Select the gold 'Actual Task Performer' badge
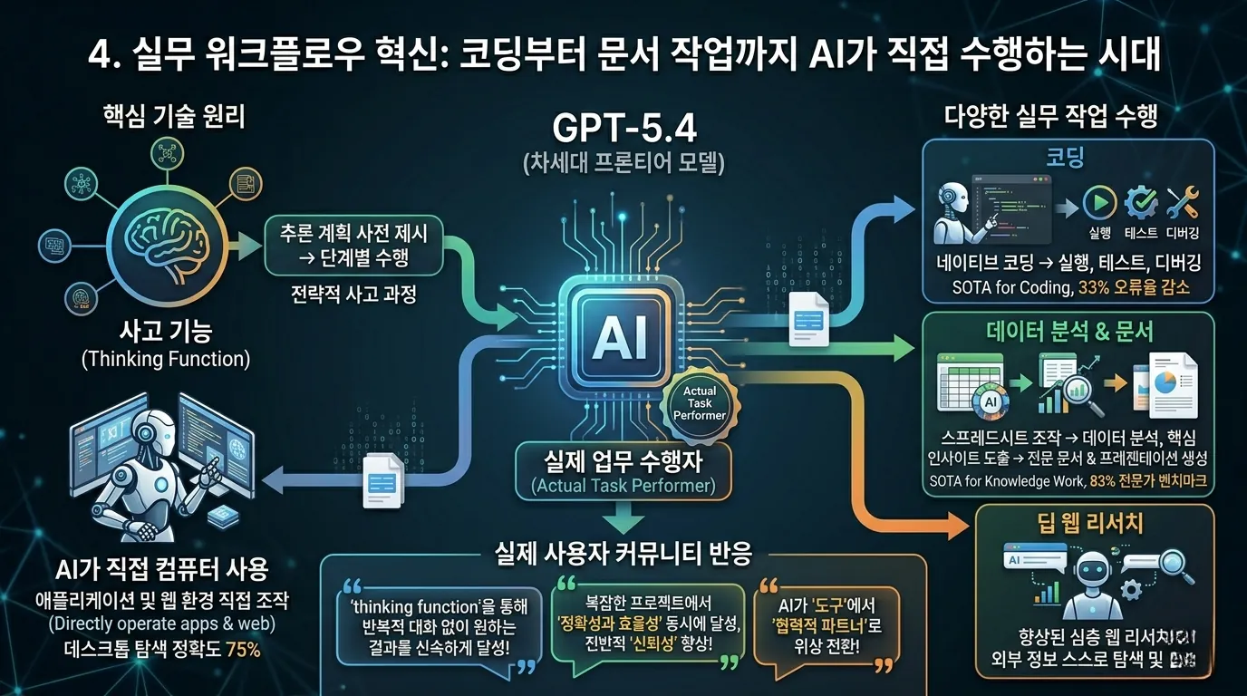[699, 401]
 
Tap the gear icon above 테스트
[1140, 202]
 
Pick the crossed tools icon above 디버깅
[1183, 202]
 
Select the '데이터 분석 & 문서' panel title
[1069, 331]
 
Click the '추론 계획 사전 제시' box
[353, 245]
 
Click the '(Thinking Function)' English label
[165, 359]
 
